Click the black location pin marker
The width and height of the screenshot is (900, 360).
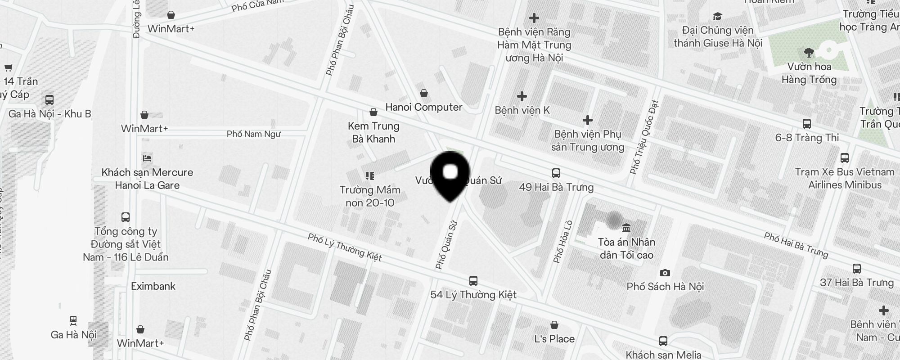point(450,175)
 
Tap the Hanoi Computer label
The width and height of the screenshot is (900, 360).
point(423,107)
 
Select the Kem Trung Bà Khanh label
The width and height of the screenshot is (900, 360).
point(373,132)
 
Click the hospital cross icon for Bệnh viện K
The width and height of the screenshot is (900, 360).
point(522,96)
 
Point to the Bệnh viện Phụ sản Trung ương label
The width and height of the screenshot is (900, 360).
point(587,140)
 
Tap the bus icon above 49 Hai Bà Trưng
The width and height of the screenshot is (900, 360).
point(556,173)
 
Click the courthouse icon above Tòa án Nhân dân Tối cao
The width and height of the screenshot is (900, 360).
point(626,228)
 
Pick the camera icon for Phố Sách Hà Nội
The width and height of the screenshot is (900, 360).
point(665,273)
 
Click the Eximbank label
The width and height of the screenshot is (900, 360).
point(153,286)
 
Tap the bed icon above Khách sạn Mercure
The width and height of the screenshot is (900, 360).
point(147,158)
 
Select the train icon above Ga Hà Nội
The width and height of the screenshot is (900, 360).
point(73,321)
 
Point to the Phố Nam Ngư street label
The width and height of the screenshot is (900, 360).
point(253,134)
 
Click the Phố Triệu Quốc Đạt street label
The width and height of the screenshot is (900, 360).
point(644,137)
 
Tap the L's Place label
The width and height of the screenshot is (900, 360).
point(554,339)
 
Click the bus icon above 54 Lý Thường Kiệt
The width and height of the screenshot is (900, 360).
point(473,281)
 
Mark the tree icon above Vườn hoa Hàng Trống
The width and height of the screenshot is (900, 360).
point(809,53)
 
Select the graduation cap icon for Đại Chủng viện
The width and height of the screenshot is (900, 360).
point(717,17)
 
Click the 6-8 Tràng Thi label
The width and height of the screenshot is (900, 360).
point(807,138)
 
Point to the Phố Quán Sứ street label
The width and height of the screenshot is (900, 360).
point(446,244)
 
